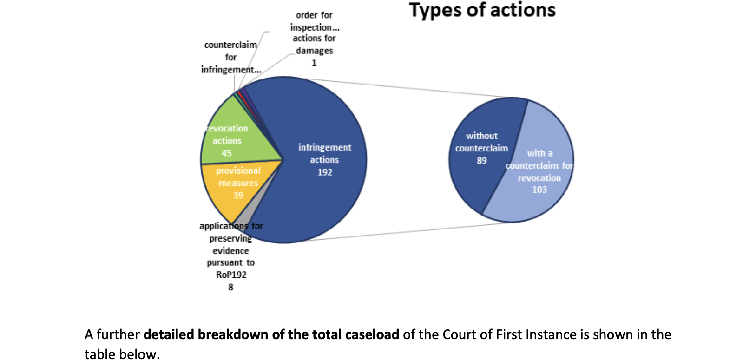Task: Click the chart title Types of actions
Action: [482, 10]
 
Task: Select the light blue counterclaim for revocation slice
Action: [537, 172]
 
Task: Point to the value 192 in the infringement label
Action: [325, 172]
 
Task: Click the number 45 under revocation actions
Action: [226, 153]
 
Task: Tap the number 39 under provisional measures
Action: [238, 196]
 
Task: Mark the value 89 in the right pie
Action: [481, 161]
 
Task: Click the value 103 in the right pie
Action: [539, 190]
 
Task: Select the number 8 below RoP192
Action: [231, 288]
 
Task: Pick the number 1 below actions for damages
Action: [314, 63]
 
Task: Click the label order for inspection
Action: [315, 21]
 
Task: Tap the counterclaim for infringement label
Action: [231, 57]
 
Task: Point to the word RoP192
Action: [231, 275]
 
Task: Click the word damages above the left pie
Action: [315, 51]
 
